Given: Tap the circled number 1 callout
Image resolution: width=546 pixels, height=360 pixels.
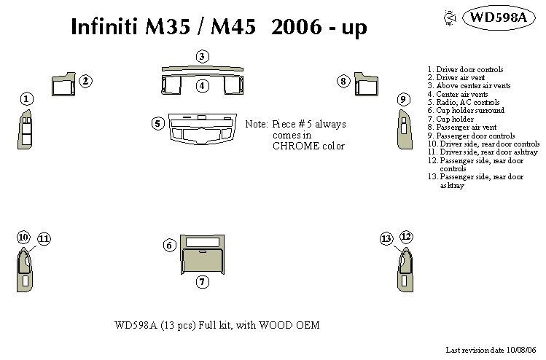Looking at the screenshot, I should pyautogui.click(x=26, y=98).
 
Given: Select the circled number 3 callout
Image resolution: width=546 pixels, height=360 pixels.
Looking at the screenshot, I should pyautogui.click(x=203, y=56).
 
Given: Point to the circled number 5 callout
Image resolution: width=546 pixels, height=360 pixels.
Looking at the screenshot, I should pyautogui.click(x=157, y=123).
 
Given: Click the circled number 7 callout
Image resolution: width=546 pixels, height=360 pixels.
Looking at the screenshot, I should pyautogui.click(x=203, y=281).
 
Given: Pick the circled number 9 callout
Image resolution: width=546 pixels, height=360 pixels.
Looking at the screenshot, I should pyautogui.click(x=402, y=98).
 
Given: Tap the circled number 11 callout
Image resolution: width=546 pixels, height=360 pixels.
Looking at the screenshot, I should pyautogui.click(x=44, y=238).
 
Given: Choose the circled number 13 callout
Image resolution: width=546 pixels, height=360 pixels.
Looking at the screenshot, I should pyautogui.click(x=386, y=238).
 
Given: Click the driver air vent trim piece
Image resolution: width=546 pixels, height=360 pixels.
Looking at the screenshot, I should pyautogui.click(x=63, y=85).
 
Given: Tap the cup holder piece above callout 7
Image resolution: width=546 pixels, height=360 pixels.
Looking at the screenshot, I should pyautogui.click(x=203, y=259).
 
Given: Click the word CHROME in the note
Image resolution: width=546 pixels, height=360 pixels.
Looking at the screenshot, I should pyautogui.click(x=297, y=146).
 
